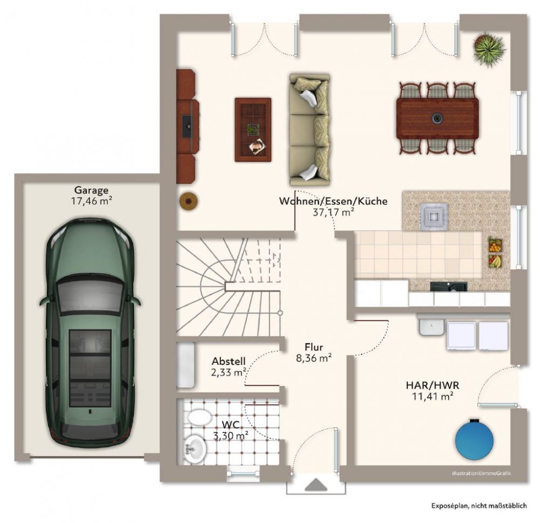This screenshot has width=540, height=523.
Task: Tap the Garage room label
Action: tap(91, 190)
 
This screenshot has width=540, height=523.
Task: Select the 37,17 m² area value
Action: tap(333, 212)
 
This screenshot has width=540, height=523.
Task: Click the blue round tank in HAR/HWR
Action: tap(474, 438)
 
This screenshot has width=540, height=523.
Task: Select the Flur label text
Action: tap(313, 347)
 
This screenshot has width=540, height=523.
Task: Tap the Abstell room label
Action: tap(228, 361)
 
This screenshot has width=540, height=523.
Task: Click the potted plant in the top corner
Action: tap(488, 50)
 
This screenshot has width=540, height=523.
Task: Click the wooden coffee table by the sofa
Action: tap(253, 130)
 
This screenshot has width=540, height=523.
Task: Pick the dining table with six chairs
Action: tap(437, 118)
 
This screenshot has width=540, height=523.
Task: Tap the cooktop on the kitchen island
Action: tap(435, 215)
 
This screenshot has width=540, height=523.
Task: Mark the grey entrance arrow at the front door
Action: tap(315, 485)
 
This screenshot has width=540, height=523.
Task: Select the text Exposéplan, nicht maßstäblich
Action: tap(478, 506)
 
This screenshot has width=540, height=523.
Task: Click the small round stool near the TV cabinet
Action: tap(188, 201)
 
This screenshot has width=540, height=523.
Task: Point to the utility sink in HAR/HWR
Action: tap(431, 327)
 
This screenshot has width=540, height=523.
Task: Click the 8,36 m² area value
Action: tap(313, 357)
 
